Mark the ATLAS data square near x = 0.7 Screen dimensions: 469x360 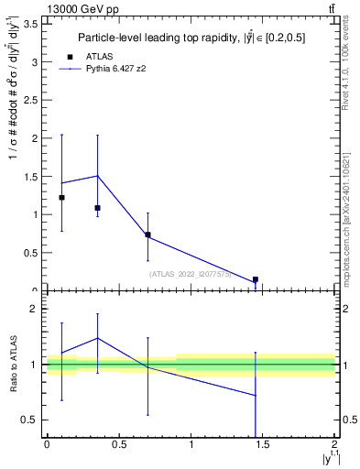click(x=147, y=234)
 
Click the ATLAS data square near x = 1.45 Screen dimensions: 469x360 click(x=256, y=279)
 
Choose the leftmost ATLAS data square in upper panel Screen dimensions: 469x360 click(x=61, y=198)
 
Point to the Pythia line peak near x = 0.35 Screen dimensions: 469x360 click(x=97, y=176)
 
